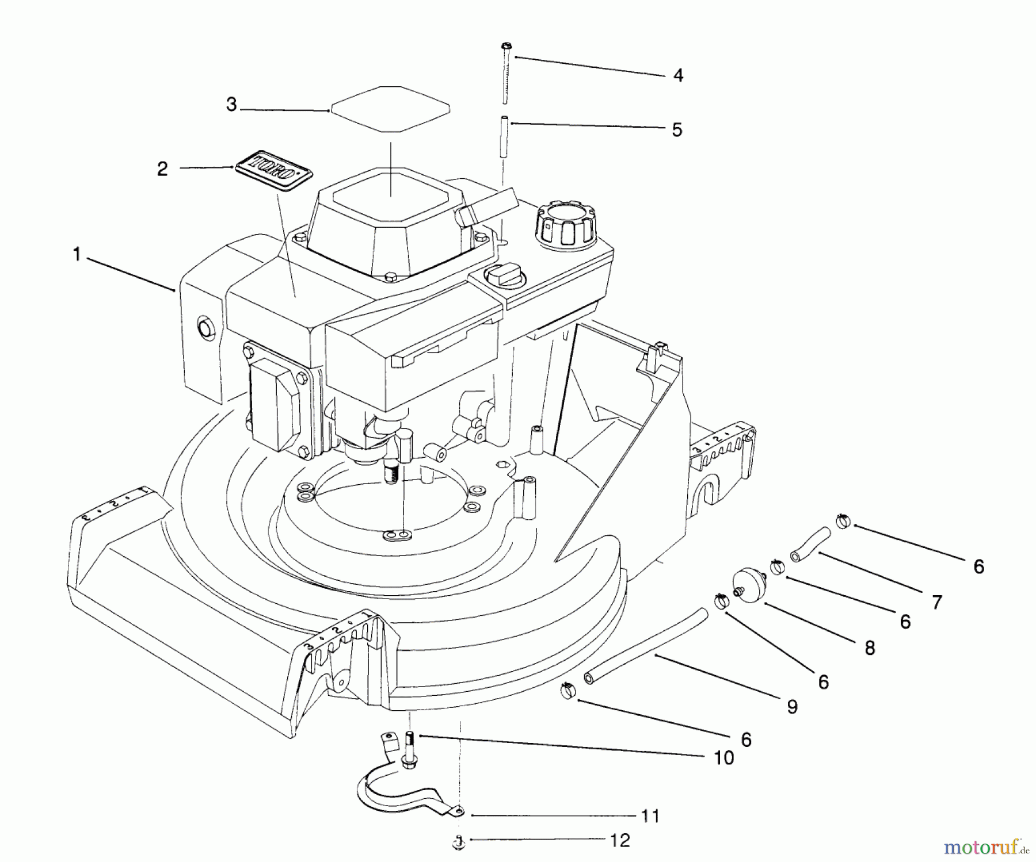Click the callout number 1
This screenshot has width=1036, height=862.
pos(77,254)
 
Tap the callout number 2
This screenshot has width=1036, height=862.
pos(162,169)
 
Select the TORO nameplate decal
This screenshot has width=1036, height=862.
pos(273,171)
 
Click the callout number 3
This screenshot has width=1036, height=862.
pos(231,105)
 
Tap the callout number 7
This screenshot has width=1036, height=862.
pos(936,602)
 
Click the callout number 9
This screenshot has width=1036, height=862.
pos(792,707)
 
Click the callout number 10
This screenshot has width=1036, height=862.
pos(724,758)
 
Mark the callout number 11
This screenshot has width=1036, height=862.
pos(650,816)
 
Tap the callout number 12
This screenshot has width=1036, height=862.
pos(620,841)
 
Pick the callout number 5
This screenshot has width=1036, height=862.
pos(677,130)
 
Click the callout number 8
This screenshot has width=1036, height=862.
pos(870,648)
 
